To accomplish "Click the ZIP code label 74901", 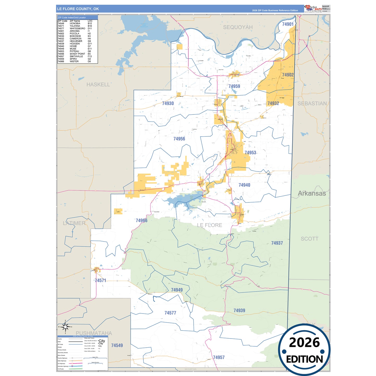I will (x=288, y=24).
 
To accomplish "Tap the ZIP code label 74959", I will (x=234, y=86).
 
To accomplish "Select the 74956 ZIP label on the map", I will (x=179, y=139).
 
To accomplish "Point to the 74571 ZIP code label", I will (x=100, y=281).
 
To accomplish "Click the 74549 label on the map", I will (x=117, y=346).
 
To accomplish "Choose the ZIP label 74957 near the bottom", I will (x=219, y=358).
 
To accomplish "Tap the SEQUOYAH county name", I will (x=238, y=27).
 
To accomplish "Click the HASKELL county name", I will (x=98, y=85).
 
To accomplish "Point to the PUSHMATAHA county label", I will (x=94, y=333).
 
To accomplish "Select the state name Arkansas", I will (x=311, y=194).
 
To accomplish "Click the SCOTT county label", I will (x=309, y=239).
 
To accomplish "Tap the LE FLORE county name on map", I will (x=209, y=225).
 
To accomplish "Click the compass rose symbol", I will (x=65, y=327).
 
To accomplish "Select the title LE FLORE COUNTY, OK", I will (x=78, y=9).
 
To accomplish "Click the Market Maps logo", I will (x=313, y=9).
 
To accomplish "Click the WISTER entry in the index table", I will (x=74, y=61).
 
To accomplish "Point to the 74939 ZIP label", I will (x=239, y=311).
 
